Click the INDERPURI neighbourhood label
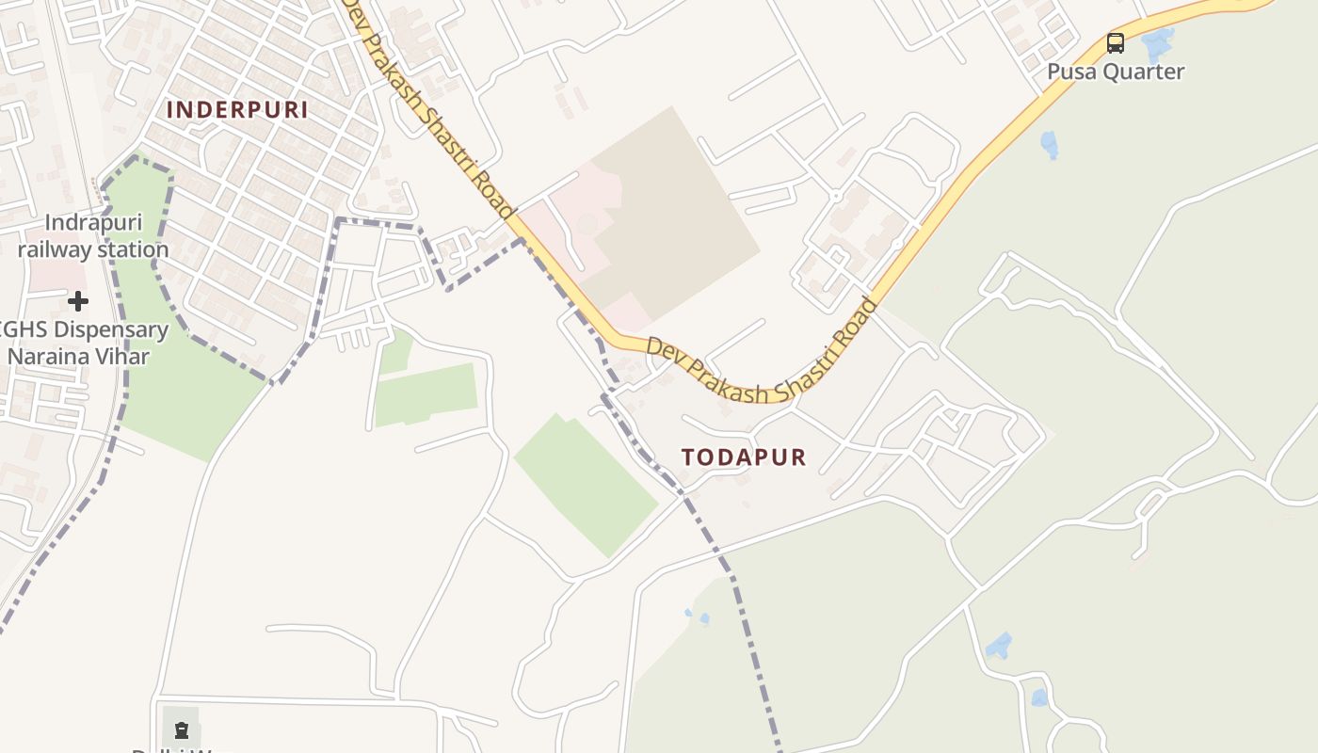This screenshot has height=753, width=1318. (x=237, y=109)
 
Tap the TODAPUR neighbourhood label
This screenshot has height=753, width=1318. (x=744, y=457)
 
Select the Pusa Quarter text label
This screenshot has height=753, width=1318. (x=1116, y=72)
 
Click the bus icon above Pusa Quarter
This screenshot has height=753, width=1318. (x=1116, y=42)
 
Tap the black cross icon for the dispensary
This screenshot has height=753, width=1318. (x=78, y=301)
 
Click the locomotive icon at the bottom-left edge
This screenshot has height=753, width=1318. (x=182, y=729)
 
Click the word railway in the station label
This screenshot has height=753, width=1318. (x=58, y=250)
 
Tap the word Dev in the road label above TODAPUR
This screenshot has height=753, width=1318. (x=661, y=348)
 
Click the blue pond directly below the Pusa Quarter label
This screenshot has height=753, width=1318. (x=1049, y=144)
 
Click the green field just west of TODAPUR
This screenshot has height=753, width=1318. (x=584, y=480)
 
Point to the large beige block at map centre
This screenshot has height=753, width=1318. (x=668, y=216)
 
